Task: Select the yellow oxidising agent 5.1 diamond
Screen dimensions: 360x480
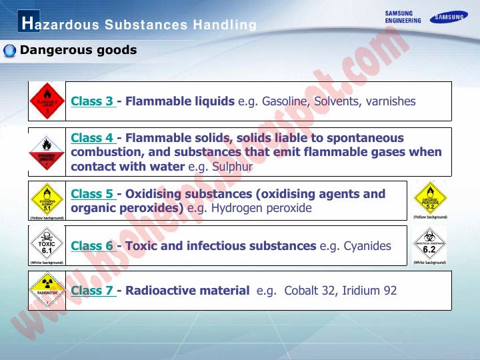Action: click(47, 199)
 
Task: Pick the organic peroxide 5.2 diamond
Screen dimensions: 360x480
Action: click(430, 198)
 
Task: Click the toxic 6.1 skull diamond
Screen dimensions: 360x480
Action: click(47, 244)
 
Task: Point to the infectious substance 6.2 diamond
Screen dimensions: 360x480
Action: click(429, 244)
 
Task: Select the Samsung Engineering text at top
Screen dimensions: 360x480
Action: click(403, 17)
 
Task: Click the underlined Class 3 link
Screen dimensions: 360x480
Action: click(92, 101)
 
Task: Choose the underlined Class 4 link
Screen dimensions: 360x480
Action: click(92, 138)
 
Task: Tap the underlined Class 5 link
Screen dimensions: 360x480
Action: click(92, 194)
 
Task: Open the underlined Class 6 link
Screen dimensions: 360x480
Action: click(92, 246)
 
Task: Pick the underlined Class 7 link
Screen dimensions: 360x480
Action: click(92, 291)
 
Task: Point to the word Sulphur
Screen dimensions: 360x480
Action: click(233, 167)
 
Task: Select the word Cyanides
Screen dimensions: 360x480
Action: click(367, 246)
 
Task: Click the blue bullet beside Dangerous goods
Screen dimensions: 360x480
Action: click(10, 51)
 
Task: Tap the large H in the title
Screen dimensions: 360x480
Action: click(26, 23)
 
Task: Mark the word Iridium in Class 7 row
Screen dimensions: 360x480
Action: click(360, 291)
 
